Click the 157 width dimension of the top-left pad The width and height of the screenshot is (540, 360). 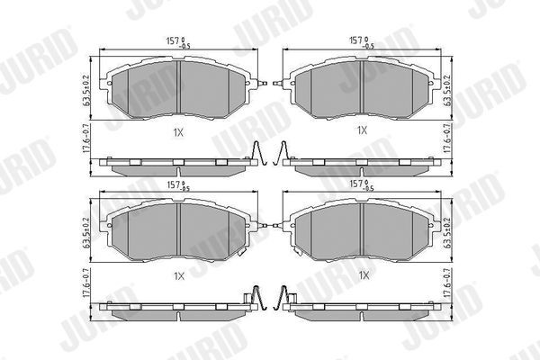tap(177, 40)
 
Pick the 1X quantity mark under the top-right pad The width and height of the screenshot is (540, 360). tap(362, 130)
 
